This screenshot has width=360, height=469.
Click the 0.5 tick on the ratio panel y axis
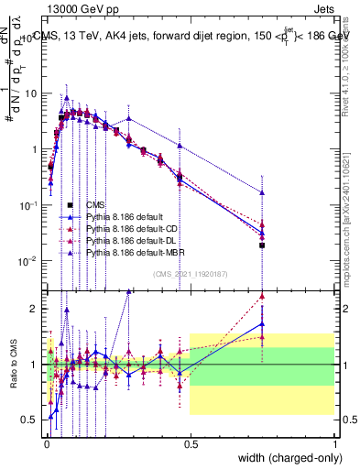click(33, 420)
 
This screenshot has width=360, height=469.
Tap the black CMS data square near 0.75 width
click(262, 245)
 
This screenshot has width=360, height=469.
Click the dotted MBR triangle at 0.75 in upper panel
click(262, 193)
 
